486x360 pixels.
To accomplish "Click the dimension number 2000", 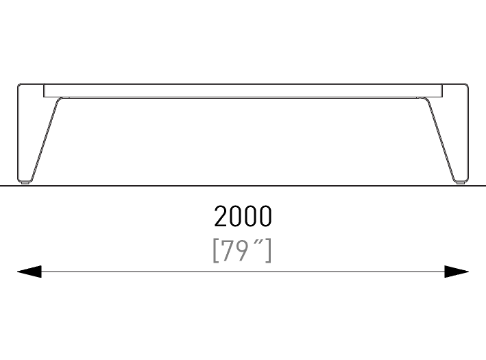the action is coord(243,216).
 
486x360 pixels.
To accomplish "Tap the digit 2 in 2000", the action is coord(220,216).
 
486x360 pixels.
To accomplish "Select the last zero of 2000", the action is coord(265,216).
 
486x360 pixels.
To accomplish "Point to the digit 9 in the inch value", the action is coord(242,250).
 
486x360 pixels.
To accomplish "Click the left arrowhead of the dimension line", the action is coord(29,272).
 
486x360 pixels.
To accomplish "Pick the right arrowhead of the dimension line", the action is coord(457,272).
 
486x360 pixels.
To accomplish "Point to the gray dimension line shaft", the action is coord(243,272).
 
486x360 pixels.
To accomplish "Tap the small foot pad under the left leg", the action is coord(25,183).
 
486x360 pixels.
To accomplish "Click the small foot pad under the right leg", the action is coord(461,183).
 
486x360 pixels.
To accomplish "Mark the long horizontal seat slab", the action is coord(243,91).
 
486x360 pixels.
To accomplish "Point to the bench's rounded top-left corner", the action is coord(19,85).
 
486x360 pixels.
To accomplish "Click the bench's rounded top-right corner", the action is coord(467,85).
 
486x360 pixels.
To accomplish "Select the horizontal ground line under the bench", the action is coord(243,186).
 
